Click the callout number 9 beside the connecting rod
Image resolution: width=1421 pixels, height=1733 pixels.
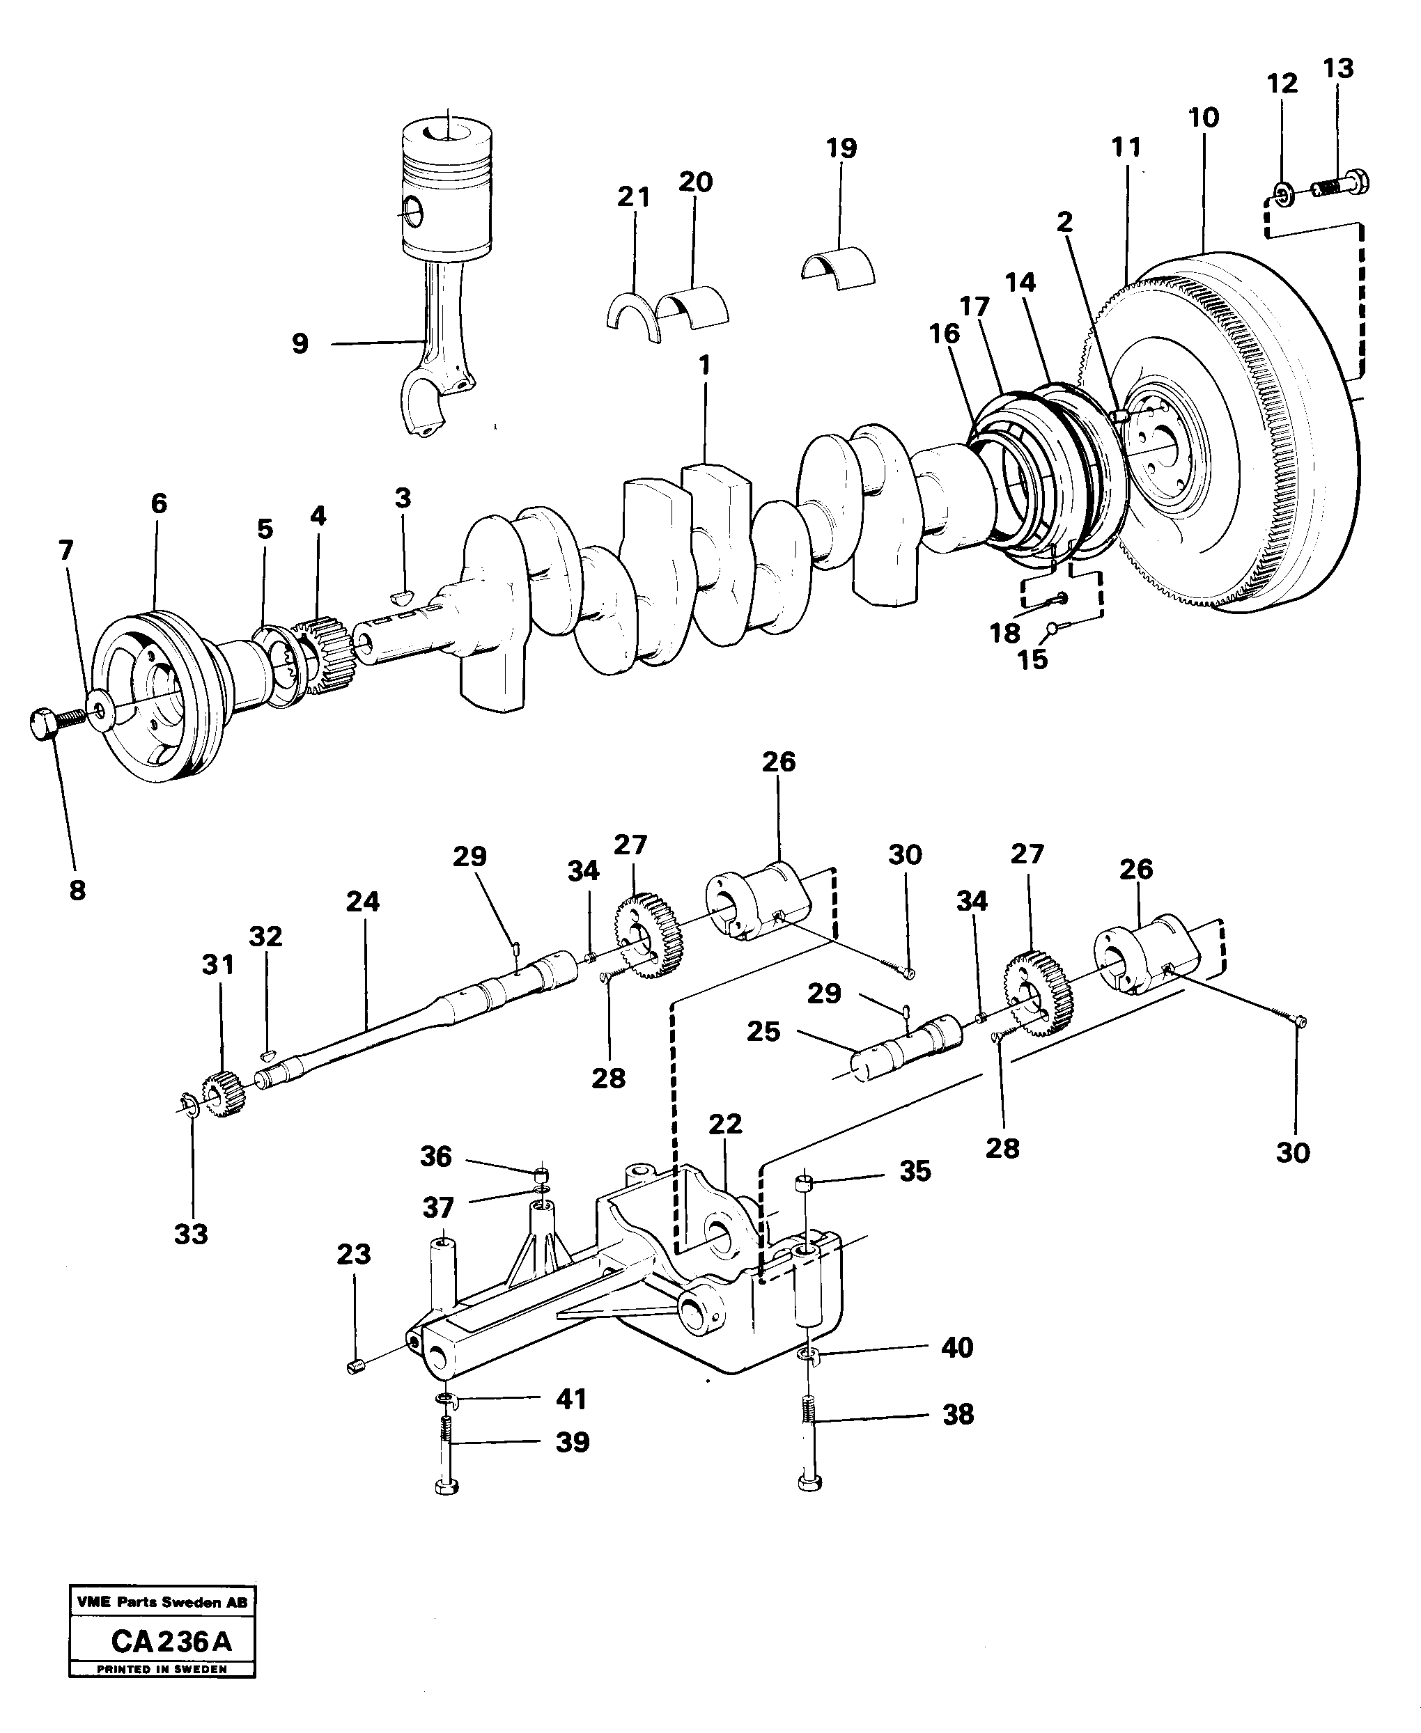300,344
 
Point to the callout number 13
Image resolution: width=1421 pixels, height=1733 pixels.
1338,69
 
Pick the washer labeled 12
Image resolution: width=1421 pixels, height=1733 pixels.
1282,195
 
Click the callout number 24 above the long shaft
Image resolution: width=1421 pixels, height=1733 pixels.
363,902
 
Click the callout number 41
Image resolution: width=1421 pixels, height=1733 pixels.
571,1399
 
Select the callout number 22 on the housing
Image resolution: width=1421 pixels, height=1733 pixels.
725,1124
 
